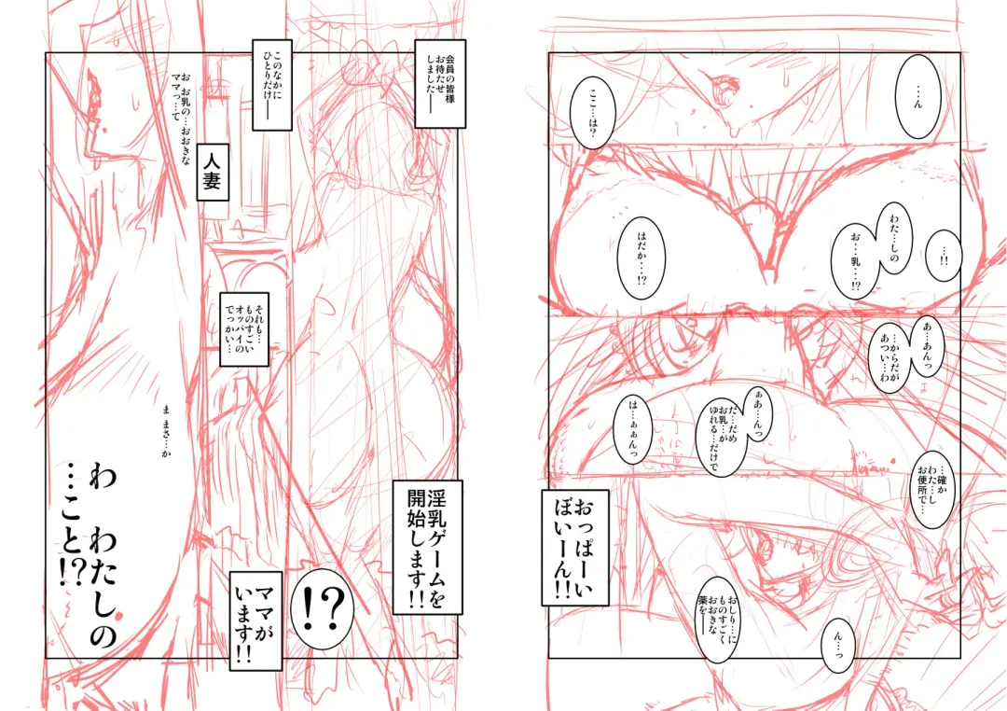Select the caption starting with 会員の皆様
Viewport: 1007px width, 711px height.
(x=440, y=83)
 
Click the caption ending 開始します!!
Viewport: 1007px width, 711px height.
(x=427, y=547)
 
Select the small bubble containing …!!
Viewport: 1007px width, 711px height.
(x=945, y=256)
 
